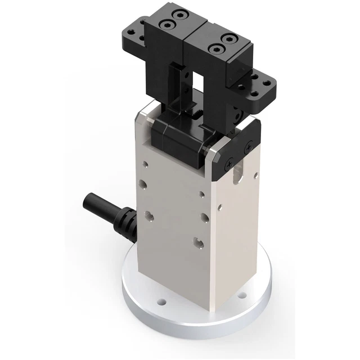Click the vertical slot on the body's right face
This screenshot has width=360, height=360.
236,173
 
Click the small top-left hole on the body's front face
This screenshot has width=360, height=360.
146,165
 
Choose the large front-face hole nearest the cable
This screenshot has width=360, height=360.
150,214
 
